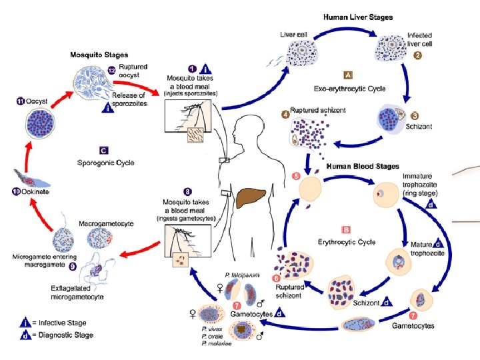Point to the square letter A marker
click(347, 75)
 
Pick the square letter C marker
click(103, 150)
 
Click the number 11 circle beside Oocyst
click(21, 101)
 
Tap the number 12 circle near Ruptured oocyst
click(111, 71)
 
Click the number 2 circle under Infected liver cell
click(417, 55)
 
